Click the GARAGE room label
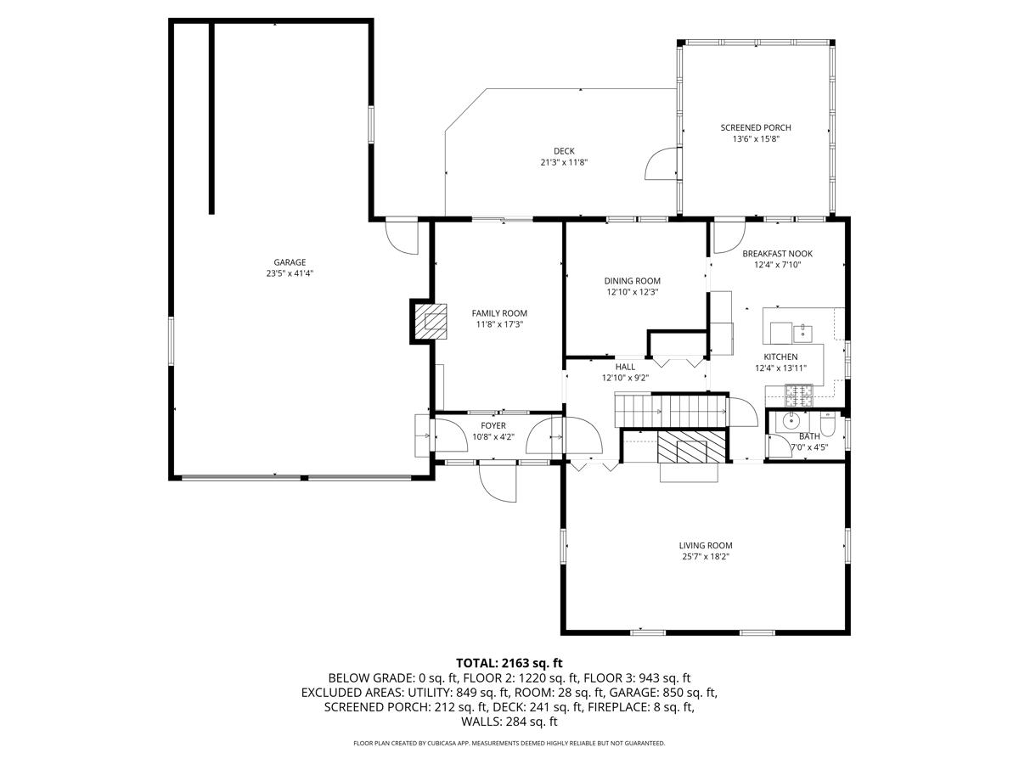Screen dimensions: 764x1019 (290, 262)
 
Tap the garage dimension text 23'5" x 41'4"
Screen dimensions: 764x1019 (290, 273)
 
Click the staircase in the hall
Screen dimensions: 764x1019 (672, 410)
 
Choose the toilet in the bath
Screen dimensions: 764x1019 (828, 422)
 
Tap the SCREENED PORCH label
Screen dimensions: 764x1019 (756, 127)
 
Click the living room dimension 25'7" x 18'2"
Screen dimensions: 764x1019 (706, 557)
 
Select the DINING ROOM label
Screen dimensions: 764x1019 (632, 281)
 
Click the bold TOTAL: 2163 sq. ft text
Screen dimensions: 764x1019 (509, 663)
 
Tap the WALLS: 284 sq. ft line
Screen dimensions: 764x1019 (509, 722)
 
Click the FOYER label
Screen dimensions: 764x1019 (493, 425)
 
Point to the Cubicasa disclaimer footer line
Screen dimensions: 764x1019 (509, 743)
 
